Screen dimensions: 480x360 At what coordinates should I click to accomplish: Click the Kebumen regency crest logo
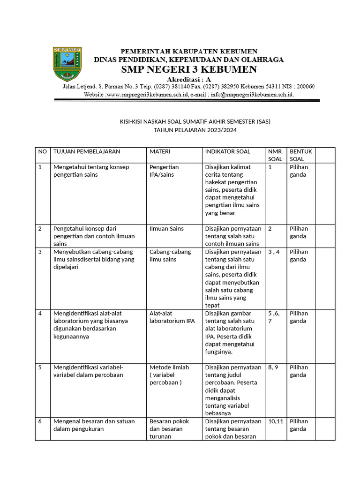pyautogui.click(x=67, y=64)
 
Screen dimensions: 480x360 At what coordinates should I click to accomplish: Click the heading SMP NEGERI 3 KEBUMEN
pyautogui.click(x=189, y=70)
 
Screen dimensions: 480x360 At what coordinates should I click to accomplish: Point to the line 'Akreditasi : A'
pyautogui.click(x=189, y=79)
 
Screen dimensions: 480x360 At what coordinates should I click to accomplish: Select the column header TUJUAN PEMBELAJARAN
pyautogui.click(x=87, y=151)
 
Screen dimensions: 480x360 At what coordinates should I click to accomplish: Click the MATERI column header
pyautogui.click(x=160, y=151)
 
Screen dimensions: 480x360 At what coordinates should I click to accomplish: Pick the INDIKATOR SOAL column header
pyautogui.click(x=228, y=151)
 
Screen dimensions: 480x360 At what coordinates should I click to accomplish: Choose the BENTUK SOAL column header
pyautogui.click(x=300, y=155)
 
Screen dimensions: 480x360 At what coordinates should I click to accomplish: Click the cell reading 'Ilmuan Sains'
pyautogui.click(x=166, y=229)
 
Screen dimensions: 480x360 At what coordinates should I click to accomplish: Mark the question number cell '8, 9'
pyautogui.click(x=273, y=367)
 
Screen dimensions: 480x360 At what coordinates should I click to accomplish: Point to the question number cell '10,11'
pyautogui.click(x=276, y=421)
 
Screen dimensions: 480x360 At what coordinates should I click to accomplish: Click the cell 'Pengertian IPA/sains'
pyautogui.click(x=164, y=171)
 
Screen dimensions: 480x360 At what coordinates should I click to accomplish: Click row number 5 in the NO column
pyautogui.click(x=40, y=367)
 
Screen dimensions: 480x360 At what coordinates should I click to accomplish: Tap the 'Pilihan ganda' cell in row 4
pyautogui.click(x=299, y=317)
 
